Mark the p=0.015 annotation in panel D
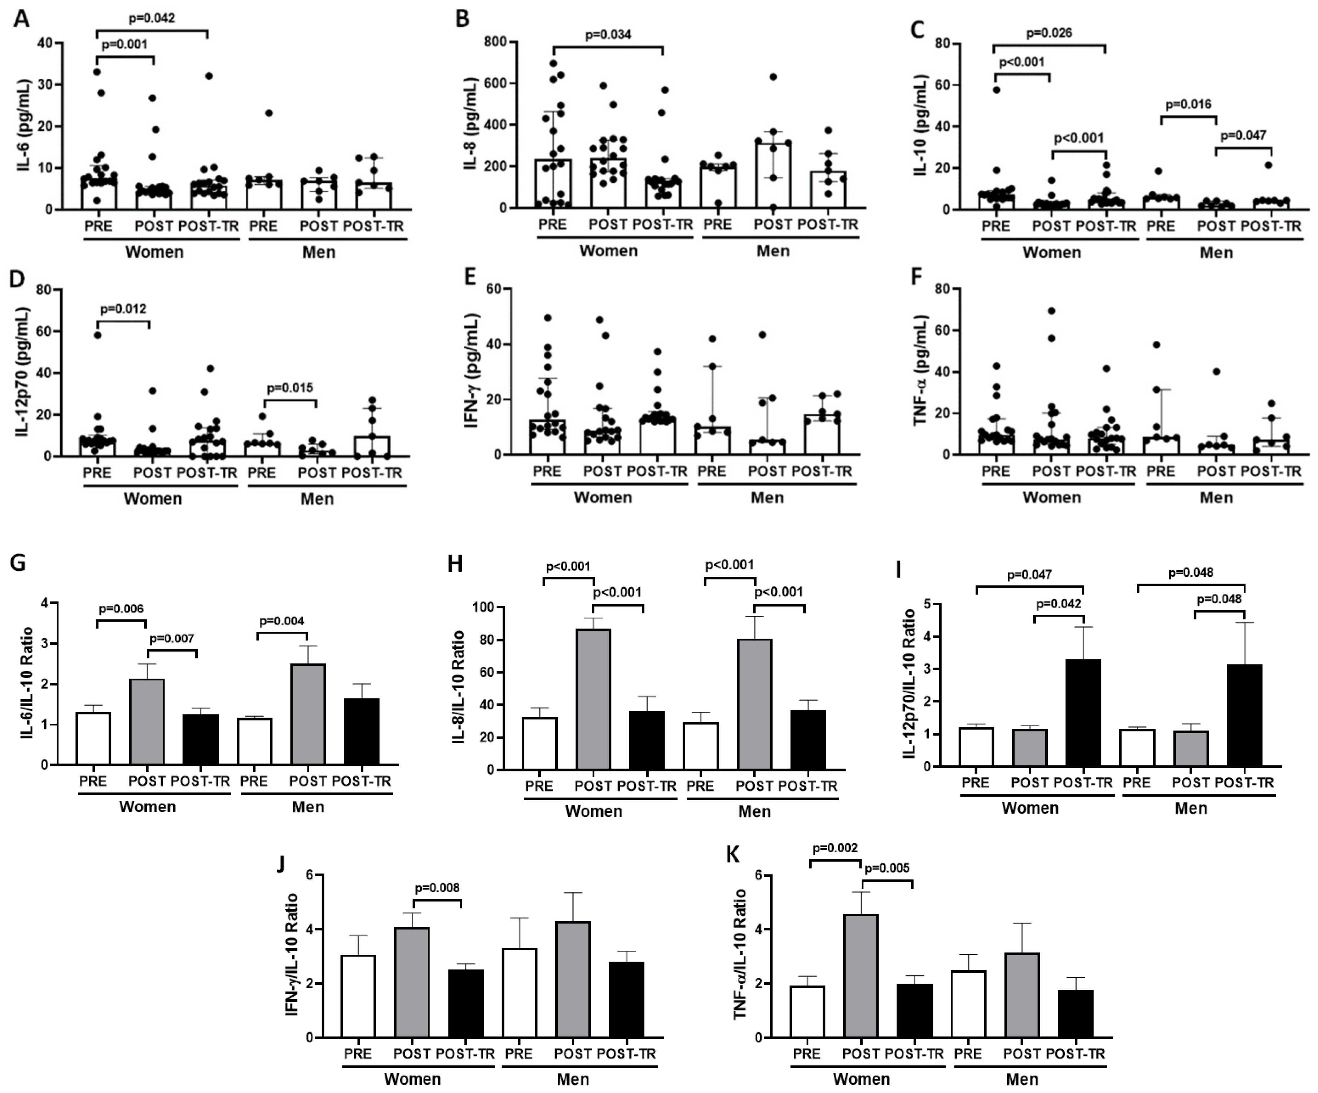click(290, 387)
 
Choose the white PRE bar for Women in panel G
click(93, 738)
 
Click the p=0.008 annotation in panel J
click(437, 888)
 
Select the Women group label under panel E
click(603, 497)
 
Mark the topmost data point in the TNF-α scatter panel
click(1051, 310)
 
